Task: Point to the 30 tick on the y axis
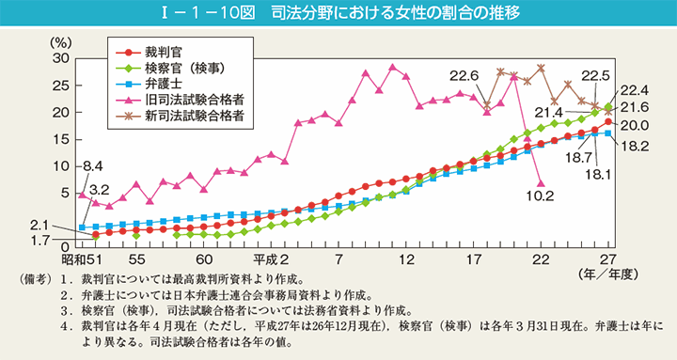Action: click(61, 57)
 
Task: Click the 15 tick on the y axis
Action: click(61, 138)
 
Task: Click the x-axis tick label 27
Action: click(608, 259)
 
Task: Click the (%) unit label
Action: click(59, 42)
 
